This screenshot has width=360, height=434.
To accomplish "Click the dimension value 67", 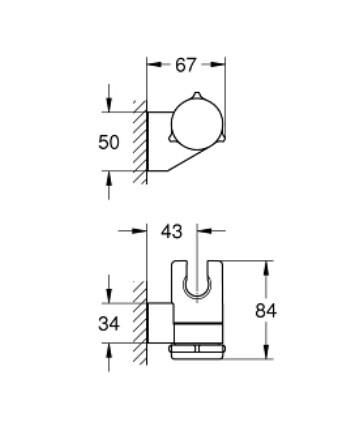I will click(187, 66).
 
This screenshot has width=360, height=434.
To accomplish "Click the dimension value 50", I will click(110, 142).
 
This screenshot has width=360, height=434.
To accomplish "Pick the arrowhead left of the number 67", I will click(151, 66).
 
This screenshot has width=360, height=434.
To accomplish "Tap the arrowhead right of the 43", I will click(198, 231).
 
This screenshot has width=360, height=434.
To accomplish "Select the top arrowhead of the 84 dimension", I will click(266, 265).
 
